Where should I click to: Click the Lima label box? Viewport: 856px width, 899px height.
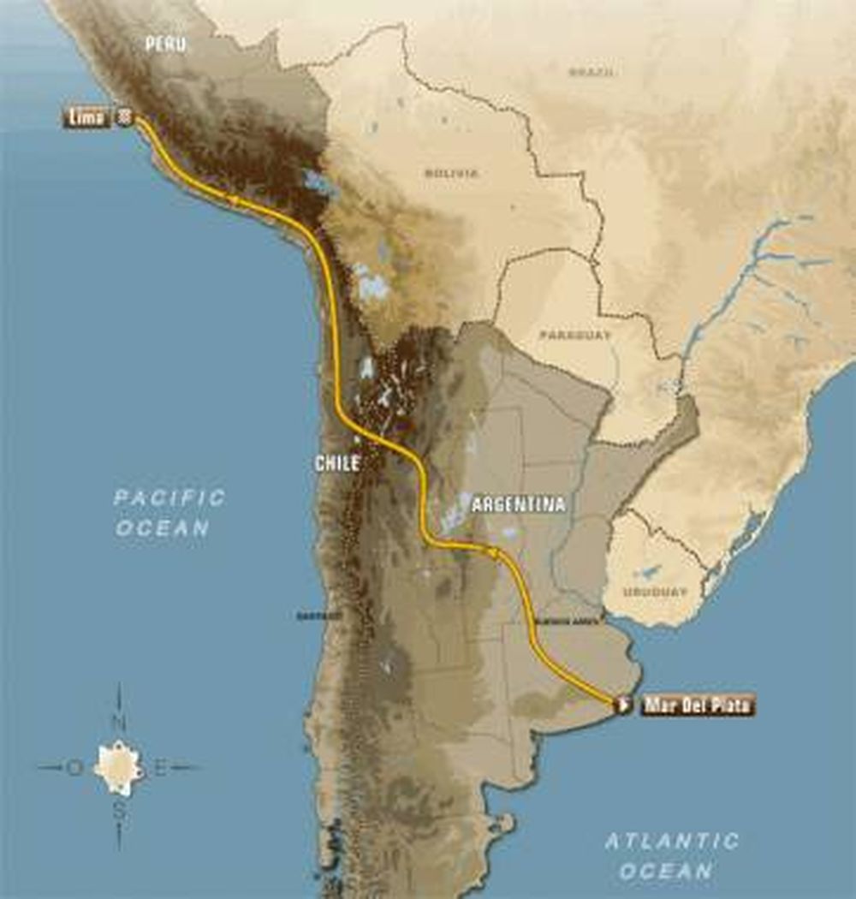pos(86,117)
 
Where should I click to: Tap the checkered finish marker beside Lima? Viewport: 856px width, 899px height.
pos(125,117)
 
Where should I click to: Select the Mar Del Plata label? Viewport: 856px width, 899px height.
pos(698,705)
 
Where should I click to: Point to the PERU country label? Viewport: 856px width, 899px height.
pos(165,44)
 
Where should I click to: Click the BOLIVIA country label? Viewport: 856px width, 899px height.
pos(451,173)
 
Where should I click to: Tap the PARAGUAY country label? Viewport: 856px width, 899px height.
pos(575,335)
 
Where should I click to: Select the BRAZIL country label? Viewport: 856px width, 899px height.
pos(591,73)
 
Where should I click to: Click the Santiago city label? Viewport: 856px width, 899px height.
pos(318,616)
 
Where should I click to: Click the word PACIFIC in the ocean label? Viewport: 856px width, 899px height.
pos(170,497)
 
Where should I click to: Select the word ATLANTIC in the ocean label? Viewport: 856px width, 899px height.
pos(671,841)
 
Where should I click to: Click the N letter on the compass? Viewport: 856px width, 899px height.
pos(119,723)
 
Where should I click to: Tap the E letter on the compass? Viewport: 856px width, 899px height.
pos(160,767)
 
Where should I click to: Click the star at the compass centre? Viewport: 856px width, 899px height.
pos(118,767)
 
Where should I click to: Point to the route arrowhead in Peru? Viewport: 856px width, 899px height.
pos(231,199)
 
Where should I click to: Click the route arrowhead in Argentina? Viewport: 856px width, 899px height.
pos(493,552)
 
